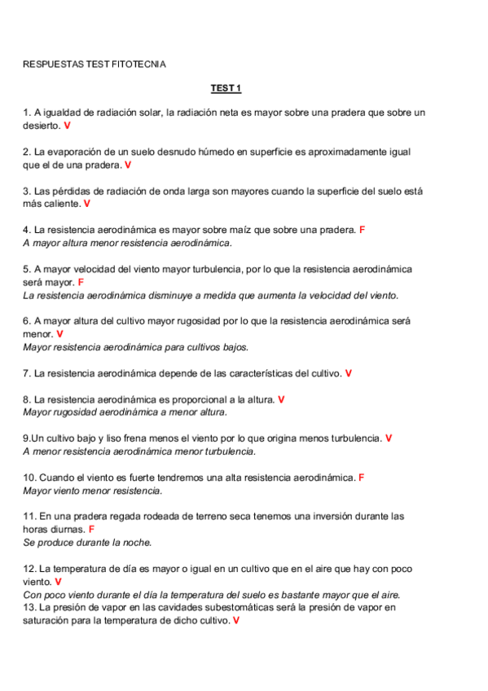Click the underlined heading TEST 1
tap(226, 88)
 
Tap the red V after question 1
tap(67, 126)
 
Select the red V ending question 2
tap(128, 165)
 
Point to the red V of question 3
tap(86, 204)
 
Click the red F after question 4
tap(362, 230)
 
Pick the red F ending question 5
tap(81, 282)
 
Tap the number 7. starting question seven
tap(27, 373)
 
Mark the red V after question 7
tap(349, 373)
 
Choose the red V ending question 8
tap(281, 399)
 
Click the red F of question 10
tap(361, 478)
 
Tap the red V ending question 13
tap(235, 621)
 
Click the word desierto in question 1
tap(41, 126)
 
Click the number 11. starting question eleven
tap(29, 517)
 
